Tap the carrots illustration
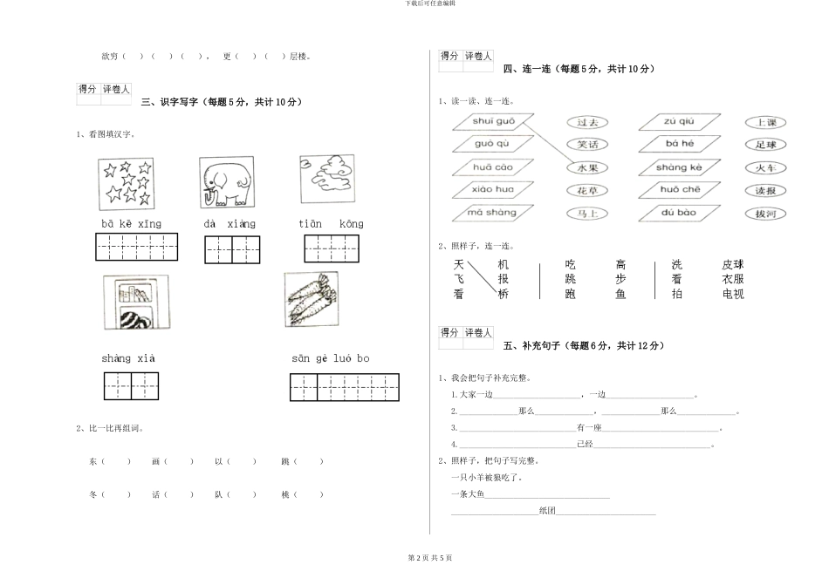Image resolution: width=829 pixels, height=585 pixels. click(x=311, y=298)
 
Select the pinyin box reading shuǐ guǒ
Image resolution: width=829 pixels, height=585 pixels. click(x=494, y=121)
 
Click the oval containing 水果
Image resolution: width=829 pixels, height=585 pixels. click(x=587, y=167)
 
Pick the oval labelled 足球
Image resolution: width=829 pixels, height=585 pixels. click(x=765, y=145)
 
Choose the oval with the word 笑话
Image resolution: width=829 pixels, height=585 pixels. click(x=587, y=145)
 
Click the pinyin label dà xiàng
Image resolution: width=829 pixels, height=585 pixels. click(x=230, y=224)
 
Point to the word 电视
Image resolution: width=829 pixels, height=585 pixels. click(x=733, y=295)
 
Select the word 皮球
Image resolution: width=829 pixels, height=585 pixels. click(x=733, y=265)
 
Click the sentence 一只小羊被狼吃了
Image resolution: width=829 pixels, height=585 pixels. click(x=486, y=477)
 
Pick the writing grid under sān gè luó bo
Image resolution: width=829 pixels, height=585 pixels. click(x=344, y=386)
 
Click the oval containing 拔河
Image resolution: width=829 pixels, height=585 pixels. click(x=765, y=214)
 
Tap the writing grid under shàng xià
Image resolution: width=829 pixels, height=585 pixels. click(x=132, y=385)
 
